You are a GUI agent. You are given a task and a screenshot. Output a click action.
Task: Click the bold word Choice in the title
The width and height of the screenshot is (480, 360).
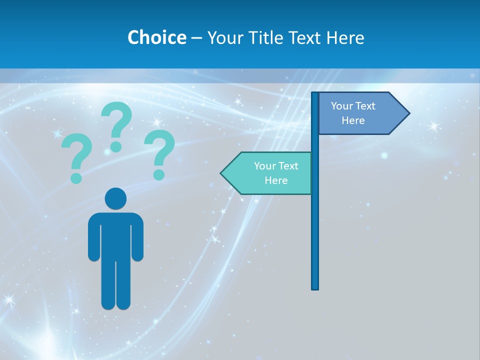(x=156, y=37)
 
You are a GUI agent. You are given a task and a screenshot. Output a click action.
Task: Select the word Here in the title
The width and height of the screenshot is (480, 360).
(x=345, y=37)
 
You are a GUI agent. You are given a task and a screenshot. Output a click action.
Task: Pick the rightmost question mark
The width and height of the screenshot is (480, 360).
(x=160, y=153)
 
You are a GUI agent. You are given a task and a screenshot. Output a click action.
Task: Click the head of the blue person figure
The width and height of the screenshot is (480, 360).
(x=115, y=198)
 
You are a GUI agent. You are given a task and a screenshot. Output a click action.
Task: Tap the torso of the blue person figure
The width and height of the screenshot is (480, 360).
(x=115, y=235)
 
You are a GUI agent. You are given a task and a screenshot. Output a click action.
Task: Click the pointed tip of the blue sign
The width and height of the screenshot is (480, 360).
(x=407, y=113)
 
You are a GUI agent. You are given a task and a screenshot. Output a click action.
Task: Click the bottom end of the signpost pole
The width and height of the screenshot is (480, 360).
(x=315, y=287)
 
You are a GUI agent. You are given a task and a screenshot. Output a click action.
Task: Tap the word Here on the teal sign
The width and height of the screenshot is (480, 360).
(x=276, y=180)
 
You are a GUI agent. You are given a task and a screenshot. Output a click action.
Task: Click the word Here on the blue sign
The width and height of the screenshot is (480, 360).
(x=353, y=120)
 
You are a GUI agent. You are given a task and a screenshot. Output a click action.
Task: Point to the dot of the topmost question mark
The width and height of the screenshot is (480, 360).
(x=116, y=146)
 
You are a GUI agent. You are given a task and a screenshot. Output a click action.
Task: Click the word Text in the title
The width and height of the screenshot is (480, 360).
(x=305, y=37)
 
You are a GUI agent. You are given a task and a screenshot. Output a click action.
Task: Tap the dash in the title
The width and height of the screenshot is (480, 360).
(x=196, y=38)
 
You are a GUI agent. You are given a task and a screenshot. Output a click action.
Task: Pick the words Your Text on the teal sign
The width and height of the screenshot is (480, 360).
(x=276, y=166)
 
